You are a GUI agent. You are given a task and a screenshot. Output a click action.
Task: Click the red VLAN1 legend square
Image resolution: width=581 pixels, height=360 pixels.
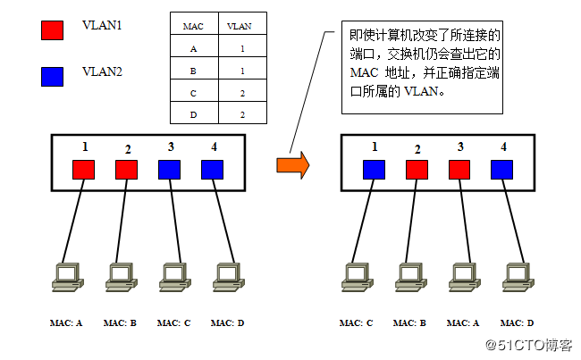pos(53,31)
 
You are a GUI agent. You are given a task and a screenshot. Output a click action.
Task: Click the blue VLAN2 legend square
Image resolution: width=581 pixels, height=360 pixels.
pos(53,76)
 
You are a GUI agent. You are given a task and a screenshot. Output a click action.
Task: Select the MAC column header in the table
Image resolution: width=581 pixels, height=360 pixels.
pos(192,26)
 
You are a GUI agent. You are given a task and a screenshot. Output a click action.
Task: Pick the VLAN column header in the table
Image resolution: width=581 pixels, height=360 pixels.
pos(239,26)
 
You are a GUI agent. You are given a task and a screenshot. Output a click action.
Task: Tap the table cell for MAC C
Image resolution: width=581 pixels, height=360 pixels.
pos(192,91)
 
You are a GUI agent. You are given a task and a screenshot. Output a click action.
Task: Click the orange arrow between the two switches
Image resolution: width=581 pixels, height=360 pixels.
pos(292,164)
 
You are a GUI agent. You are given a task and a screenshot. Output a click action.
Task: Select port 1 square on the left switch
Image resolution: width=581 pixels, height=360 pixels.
pos(83,169)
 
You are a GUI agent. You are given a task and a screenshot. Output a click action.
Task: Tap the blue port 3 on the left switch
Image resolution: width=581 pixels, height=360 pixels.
pos(170,169)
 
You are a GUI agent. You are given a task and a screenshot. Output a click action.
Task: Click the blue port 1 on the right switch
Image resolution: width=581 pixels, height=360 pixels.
pos(374,169)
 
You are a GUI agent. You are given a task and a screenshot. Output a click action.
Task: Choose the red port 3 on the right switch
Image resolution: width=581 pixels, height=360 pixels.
pos(460,169)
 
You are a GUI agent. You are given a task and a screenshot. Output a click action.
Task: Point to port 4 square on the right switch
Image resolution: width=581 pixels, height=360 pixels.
pos(502,169)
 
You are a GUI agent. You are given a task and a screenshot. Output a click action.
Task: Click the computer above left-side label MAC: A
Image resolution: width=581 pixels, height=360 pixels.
pos(67,277)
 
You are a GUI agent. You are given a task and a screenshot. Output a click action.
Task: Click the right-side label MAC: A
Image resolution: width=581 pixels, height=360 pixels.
pos(462,322)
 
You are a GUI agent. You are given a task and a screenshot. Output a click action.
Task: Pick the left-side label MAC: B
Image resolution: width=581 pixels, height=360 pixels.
pos(120,322)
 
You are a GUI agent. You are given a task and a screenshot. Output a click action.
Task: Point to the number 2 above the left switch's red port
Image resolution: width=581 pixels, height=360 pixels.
pos(128,149)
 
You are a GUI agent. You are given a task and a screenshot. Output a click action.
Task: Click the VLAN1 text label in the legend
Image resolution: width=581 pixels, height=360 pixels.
pos(102,25)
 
